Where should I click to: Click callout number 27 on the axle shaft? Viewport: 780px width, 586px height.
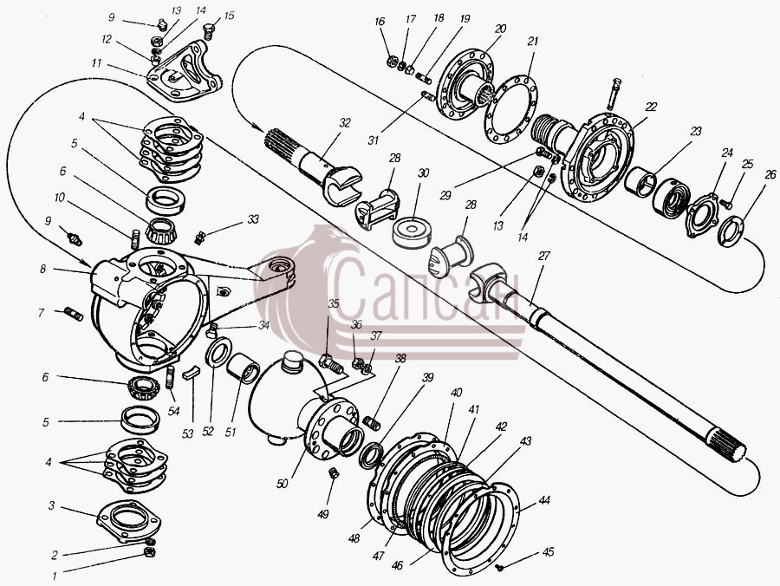click(545, 256)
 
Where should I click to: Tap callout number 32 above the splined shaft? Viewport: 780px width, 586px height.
click(345, 123)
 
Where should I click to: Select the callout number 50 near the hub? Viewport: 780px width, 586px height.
click(282, 483)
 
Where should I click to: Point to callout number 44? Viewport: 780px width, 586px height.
click(544, 500)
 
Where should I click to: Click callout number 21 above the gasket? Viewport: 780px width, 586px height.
click(533, 42)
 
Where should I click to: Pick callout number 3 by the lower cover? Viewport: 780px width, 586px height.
click(51, 506)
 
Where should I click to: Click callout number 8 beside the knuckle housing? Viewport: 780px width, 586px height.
click(43, 269)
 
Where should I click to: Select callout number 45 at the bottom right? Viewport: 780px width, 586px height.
click(549, 551)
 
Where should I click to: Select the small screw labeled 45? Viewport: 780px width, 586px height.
click(500, 567)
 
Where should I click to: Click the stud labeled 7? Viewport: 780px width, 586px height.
click(74, 314)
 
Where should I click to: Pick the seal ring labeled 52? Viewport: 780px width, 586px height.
click(218, 351)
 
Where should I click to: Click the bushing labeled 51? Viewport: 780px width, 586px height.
click(243, 368)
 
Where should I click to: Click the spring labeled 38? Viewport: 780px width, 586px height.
click(373, 424)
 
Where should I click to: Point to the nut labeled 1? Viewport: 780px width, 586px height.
click(149, 551)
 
